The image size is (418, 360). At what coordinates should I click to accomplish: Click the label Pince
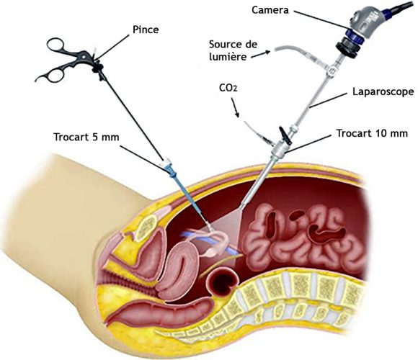pos(146,30)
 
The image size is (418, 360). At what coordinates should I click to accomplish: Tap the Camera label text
pos(270,10)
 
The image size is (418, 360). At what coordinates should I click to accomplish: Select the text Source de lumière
pos(233,50)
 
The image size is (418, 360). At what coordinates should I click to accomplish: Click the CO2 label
pos(228,88)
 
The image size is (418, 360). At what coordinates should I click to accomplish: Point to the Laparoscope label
pos(383,91)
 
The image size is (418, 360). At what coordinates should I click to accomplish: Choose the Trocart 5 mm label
pos(86,137)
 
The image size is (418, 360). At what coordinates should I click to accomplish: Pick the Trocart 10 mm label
pos(372,133)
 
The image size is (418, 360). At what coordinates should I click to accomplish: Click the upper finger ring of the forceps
pos(55,44)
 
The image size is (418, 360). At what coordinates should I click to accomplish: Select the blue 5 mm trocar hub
pos(170,170)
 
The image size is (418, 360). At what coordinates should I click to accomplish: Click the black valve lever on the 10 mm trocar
pos(285,134)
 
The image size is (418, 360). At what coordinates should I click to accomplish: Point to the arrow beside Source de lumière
pos(261,54)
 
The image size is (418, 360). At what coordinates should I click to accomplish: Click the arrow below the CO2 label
pos(235,107)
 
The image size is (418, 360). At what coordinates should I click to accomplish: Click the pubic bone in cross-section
pos(146,228)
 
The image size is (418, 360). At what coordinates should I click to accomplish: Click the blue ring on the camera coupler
pos(354,37)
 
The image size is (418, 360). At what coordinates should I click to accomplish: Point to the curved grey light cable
pos(298,53)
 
